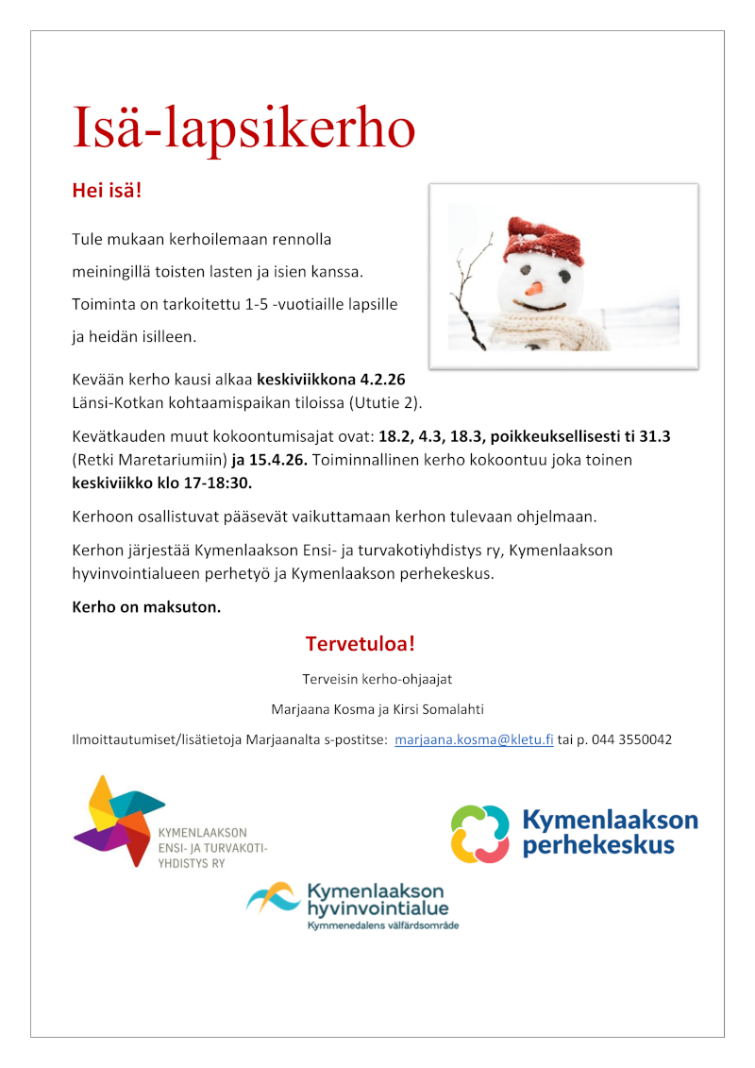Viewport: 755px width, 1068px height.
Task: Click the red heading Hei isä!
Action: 107,191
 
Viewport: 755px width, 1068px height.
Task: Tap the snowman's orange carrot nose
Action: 534,287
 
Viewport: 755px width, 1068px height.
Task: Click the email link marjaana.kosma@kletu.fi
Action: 474,739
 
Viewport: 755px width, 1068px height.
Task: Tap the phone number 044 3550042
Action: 631,739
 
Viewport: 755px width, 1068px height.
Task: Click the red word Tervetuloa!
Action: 361,644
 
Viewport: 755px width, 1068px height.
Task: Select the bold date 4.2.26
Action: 382,380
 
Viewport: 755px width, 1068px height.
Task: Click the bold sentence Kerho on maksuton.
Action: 147,606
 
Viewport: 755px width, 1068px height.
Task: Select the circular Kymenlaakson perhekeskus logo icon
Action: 480,834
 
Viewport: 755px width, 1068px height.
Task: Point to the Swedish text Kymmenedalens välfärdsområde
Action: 383,925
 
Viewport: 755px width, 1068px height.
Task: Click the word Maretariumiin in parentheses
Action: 176,460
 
